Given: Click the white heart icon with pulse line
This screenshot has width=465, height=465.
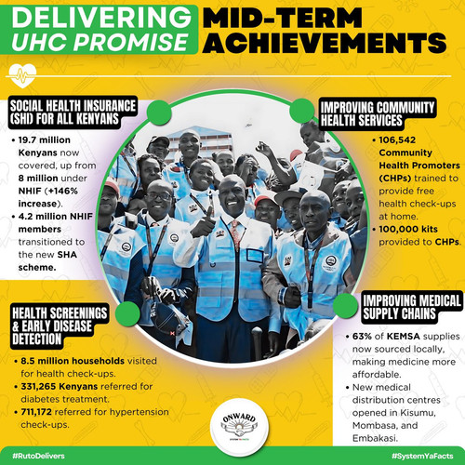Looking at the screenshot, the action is pos(22,75).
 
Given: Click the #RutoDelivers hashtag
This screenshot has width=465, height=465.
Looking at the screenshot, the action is pos(38,456).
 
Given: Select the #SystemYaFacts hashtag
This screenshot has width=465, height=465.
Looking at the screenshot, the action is pos(422,456).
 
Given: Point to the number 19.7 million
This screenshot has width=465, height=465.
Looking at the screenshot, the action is pos(45,140).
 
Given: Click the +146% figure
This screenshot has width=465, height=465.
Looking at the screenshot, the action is pos(62,191).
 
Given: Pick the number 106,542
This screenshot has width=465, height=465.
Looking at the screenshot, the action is pos(397,140).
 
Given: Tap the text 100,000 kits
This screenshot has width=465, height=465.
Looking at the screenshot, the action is pos(408,229).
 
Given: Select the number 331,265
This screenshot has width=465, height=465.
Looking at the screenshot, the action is pos(38,387).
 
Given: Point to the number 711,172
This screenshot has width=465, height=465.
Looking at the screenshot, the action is pos(36,412).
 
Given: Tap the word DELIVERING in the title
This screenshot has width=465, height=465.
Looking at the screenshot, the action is pos(101,17).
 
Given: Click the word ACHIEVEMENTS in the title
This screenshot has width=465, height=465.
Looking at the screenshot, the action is pos(325,43).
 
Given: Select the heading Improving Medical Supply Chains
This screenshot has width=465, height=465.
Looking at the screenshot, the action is pos(411,307).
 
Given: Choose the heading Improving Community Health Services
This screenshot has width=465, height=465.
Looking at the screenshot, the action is pos(378,113).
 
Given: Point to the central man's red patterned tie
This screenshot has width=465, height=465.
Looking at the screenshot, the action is pos(236,235).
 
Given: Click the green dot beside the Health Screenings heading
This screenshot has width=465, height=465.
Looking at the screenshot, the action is pos(127,313).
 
